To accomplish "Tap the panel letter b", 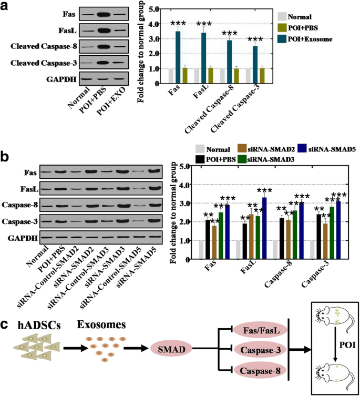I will click(x=5, y=157).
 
